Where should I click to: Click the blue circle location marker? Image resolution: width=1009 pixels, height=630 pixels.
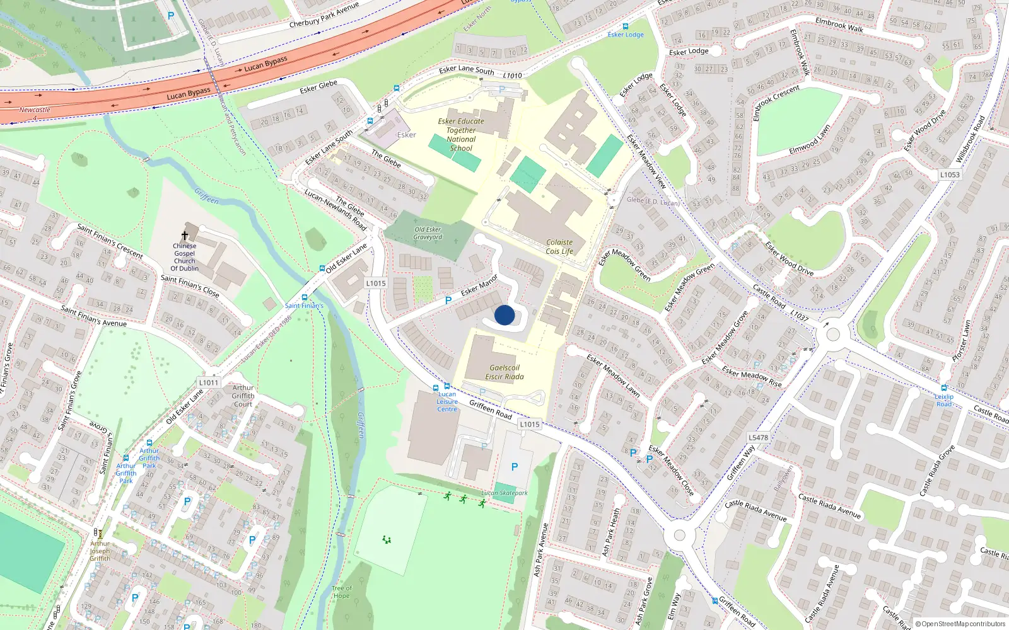504,315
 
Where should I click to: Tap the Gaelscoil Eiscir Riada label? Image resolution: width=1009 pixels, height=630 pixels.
504,372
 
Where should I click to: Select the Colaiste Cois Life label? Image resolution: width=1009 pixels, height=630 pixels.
559,247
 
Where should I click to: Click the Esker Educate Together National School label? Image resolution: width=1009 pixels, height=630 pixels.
461,135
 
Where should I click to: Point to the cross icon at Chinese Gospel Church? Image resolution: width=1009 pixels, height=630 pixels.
185,235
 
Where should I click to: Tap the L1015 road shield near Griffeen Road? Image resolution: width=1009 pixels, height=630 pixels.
530,424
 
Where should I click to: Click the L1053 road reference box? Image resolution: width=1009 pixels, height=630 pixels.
950,175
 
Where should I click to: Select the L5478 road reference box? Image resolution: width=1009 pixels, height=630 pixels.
758,437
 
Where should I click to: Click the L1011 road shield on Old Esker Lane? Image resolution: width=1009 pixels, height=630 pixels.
208,382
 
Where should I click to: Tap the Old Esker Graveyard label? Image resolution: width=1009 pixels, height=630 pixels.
428,233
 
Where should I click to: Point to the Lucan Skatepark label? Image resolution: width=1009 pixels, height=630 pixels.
504,493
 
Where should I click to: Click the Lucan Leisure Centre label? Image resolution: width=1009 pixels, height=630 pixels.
447,401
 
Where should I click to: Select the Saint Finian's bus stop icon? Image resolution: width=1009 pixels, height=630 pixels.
305,297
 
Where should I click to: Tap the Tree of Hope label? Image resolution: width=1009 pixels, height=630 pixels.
341,592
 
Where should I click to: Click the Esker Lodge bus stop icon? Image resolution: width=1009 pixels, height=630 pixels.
626,26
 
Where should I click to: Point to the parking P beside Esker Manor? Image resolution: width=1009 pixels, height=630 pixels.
448,301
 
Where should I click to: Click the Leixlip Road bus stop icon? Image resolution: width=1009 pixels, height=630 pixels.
944,388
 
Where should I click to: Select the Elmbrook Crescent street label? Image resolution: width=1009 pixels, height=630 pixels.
777,102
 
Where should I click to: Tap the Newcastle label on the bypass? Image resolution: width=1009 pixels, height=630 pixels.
35,110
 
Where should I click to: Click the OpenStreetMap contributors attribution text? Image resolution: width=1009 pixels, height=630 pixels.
960,624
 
